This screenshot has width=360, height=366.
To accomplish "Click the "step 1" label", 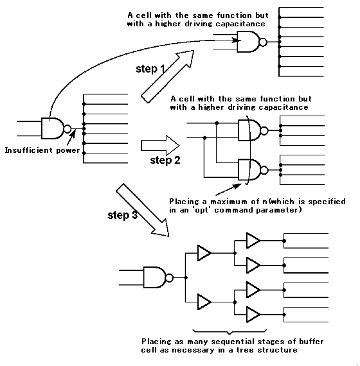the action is click(x=150, y=69).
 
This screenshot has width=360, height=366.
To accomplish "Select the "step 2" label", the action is click(x=165, y=161).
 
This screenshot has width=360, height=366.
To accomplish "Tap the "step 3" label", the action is click(x=123, y=215).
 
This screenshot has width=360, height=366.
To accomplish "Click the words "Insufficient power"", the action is click(x=42, y=150).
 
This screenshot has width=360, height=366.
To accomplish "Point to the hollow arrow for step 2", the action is click(x=160, y=145).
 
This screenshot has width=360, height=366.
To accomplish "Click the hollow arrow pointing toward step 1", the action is click(x=168, y=76).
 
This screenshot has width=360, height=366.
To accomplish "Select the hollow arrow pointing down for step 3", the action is click(x=143, y=210).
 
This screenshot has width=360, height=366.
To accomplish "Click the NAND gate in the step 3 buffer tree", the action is click(x=158, y=277).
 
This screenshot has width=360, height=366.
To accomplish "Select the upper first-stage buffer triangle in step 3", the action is click(x=204, y=253).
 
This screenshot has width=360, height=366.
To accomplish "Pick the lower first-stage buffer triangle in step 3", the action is click(x=204, y=302).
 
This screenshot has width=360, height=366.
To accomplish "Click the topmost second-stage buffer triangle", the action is click(x=253, y=240).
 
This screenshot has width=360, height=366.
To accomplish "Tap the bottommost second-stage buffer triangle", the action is click(x=253, y=315).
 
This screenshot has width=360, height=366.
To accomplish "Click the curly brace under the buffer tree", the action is click(x=230, y=332).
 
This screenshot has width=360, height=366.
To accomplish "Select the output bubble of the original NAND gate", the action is click(x=67, y=128).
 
